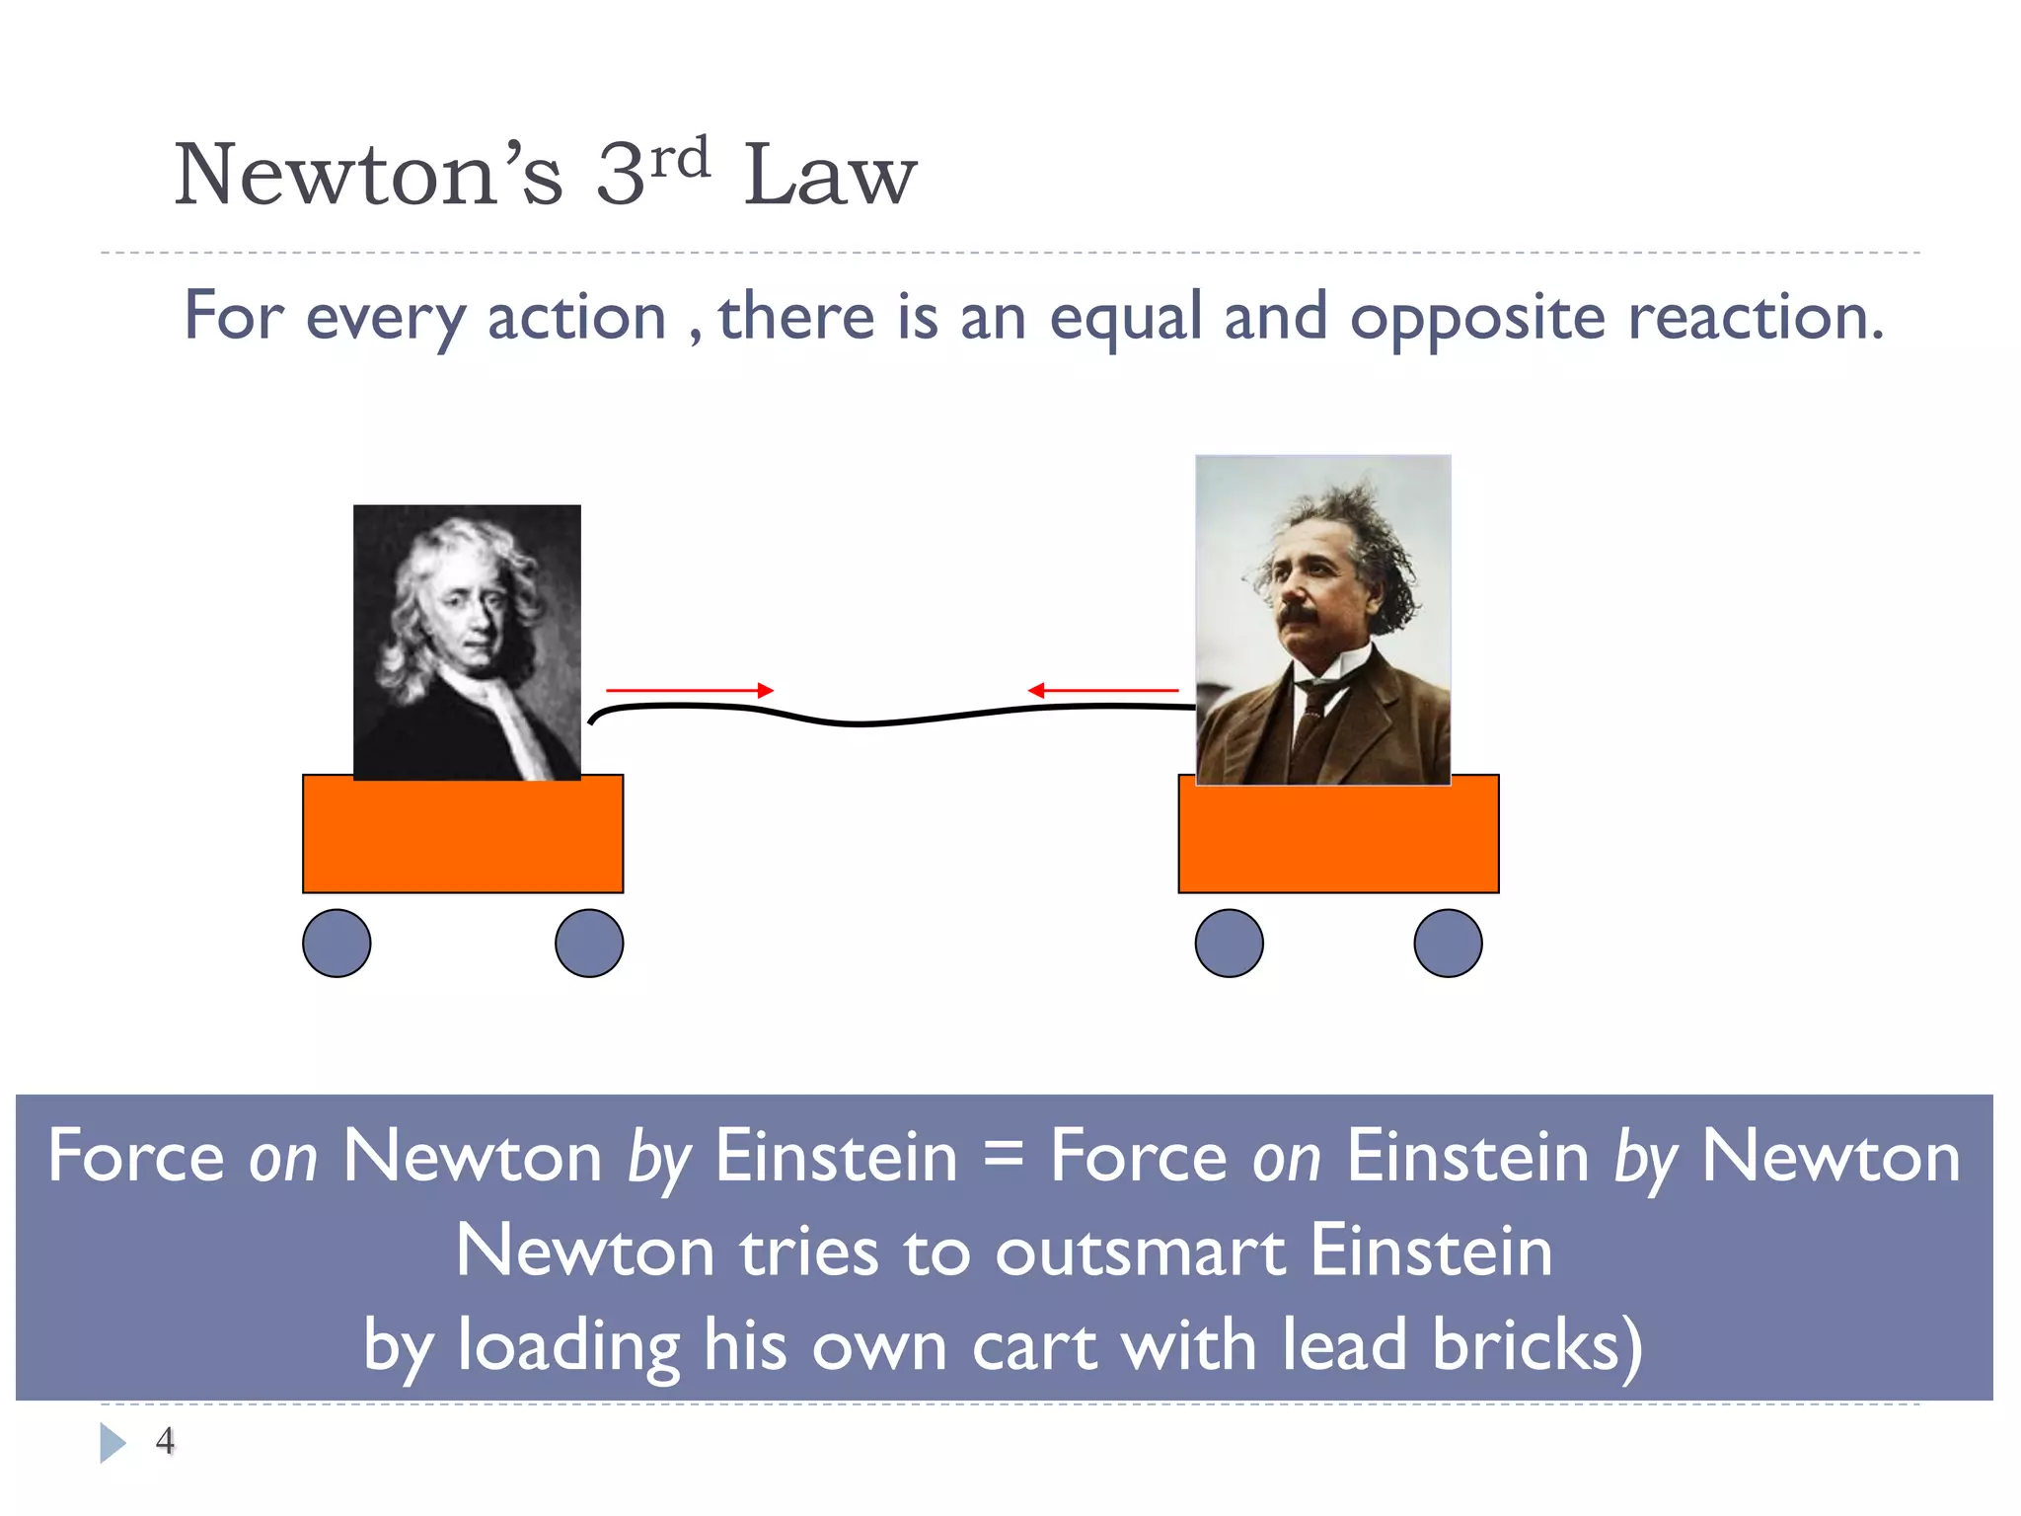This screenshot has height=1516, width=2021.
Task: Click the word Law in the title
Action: pos(830,176)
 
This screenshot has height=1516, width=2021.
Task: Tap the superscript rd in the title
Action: pos(681,158)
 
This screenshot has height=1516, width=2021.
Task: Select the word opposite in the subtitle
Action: pos(1477,318)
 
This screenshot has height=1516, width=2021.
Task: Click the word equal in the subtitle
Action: pos(1125,318)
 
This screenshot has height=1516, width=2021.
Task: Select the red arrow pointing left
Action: pos(1103,691)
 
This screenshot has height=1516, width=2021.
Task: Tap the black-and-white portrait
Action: pos(467,642)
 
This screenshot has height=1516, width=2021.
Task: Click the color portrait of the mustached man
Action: pos(1322,620)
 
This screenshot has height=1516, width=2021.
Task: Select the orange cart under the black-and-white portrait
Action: pos(463,835)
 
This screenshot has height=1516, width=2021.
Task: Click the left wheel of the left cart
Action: pos(337,944)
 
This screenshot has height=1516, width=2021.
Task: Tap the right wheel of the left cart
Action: pos(589,944)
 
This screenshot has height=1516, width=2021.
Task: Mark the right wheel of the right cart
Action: pos(1448,944)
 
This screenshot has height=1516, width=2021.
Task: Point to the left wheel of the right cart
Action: pos(1229,944)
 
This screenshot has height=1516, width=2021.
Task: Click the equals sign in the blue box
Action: pos(1004,1157)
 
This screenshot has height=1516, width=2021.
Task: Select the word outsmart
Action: pos(1140,1251)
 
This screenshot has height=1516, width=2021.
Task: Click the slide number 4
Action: pos(165,1441)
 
